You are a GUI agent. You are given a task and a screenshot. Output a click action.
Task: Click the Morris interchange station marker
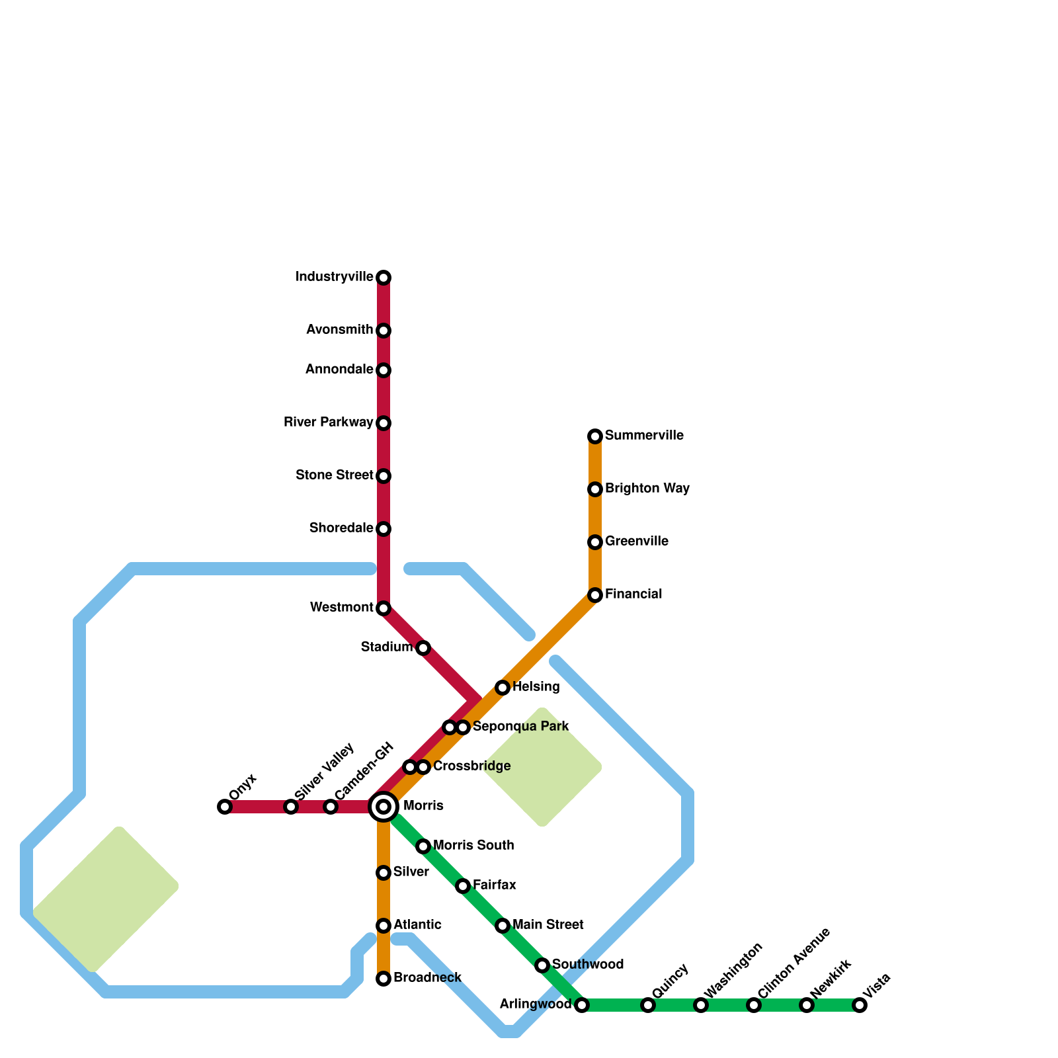click(x=384, y=807)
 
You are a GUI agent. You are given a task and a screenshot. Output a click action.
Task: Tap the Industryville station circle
click(x=384, y=278)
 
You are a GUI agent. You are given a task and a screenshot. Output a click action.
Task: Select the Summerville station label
click(x=643, y=436)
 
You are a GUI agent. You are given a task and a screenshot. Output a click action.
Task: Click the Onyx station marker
click(x=225, y=807)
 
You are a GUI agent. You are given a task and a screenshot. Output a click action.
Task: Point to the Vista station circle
click(x=860, y=1005)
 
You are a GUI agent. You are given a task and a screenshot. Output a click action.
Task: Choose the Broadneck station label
click(x=427, y=978)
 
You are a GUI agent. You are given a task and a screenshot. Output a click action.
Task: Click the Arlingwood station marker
click(x=582, y=1005)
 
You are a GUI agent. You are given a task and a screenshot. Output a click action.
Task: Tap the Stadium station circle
click(x=423, y=648)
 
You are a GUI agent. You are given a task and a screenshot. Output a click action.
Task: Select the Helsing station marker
click(x=503, y=688)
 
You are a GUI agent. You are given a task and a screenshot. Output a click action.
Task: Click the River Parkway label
click(x=328, y=423)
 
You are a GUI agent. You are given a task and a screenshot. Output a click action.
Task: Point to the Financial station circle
click(x=595, y=595)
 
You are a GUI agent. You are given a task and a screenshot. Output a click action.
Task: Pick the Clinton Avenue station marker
click(x=754, y=1005)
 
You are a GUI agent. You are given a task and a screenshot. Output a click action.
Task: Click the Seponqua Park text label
click(x=520, y=727)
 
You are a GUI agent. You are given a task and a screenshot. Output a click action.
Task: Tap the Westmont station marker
click(x=384, y=608)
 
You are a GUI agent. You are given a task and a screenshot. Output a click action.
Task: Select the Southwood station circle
click(x=542, y=965)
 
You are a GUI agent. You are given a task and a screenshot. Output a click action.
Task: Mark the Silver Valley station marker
click(x=291, y=807)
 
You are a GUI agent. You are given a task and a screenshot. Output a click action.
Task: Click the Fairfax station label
click(x=494, y=885)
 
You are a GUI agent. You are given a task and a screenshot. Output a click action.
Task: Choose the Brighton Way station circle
click(x=595, y=489)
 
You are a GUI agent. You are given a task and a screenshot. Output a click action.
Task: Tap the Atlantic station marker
click(x=384, y=926)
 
